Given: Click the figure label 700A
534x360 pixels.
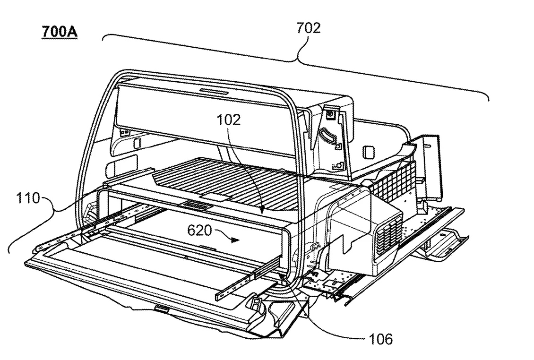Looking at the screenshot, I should (60, 33).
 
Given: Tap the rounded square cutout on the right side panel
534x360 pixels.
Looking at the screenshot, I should (368, 152).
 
